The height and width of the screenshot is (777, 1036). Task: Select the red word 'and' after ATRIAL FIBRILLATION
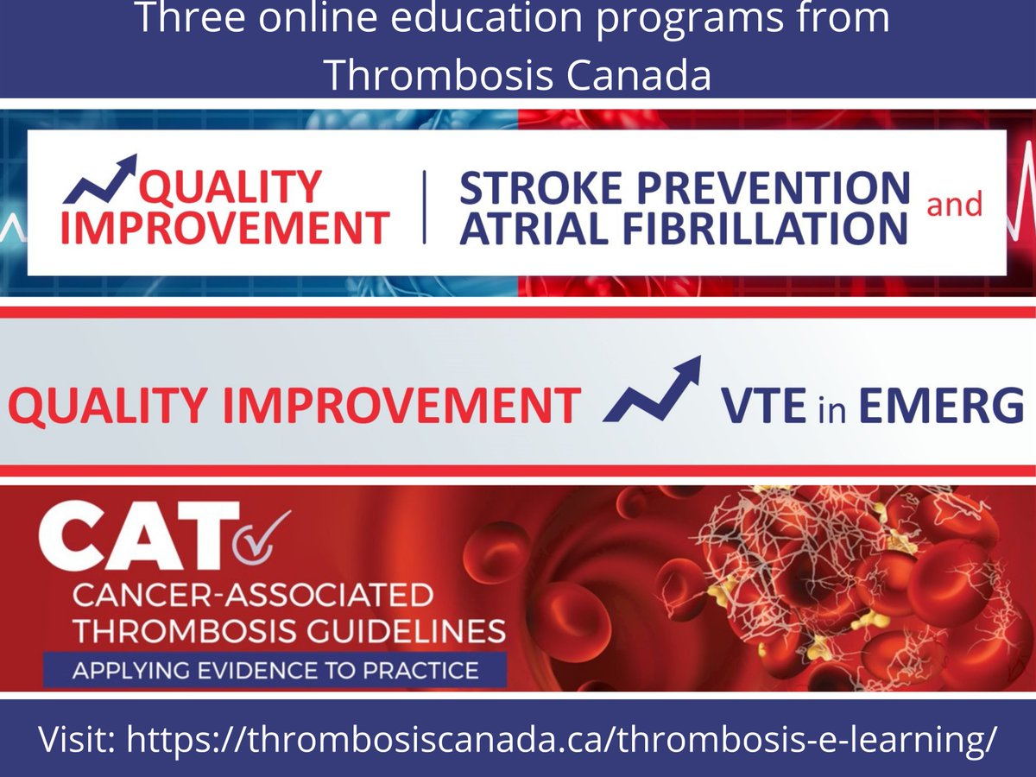tap(954, 205)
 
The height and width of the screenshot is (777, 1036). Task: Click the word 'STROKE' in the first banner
tap(533, 188)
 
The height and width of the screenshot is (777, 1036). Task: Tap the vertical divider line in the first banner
tap(424, 206)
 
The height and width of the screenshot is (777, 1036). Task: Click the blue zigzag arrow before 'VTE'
tap(652, 393)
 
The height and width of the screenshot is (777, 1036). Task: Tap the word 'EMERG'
tap(940, 406)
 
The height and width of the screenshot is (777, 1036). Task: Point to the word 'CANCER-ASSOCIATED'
tap(252, 595)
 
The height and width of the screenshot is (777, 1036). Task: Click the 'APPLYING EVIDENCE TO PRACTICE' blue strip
tap(275, 670)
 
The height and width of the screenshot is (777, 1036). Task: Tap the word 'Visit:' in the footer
tap(78, 740)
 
